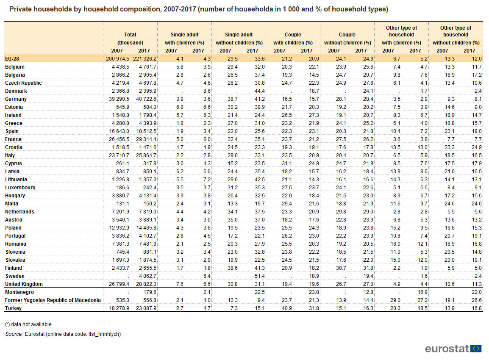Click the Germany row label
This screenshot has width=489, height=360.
(16, 99)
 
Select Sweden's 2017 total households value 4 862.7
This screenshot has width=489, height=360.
(146, 276)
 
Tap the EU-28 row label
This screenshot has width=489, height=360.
(12, 58)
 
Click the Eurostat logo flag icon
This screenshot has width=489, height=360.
(476, 349)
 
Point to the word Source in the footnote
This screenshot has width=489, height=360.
(14, 334)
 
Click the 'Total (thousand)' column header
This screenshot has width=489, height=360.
(130, 39)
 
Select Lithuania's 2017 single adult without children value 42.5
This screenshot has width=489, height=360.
(259, 180)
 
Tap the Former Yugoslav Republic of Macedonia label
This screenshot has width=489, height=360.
(53, 300)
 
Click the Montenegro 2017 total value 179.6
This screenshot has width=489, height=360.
(150, 292)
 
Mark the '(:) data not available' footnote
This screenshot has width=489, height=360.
(28, 324)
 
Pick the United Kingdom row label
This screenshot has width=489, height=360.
(24, 284)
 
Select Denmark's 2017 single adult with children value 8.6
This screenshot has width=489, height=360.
(207, 91)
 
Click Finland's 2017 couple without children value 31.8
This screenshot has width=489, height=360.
(368, 268)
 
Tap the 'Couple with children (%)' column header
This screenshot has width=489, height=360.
(293, 39)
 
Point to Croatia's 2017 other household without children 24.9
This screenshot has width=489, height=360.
(477, 147)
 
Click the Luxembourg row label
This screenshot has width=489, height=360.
(20, 188)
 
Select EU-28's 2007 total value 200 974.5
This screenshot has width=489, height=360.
(117, 58)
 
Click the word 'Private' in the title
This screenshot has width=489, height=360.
(20, 9)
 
